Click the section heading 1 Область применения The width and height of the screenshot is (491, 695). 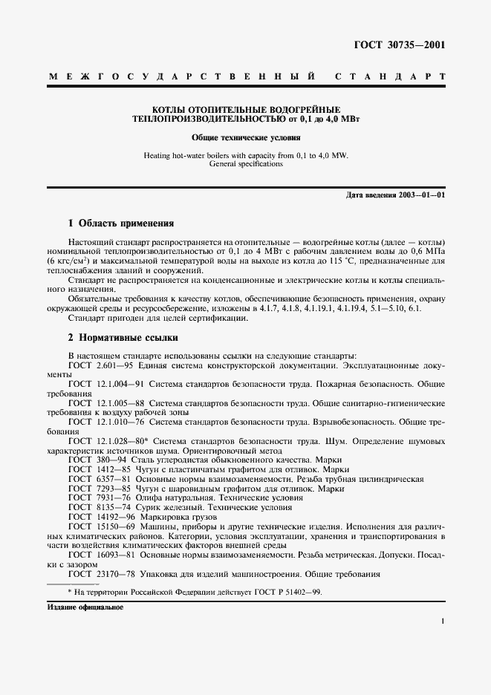120,223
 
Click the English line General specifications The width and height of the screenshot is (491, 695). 245,164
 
